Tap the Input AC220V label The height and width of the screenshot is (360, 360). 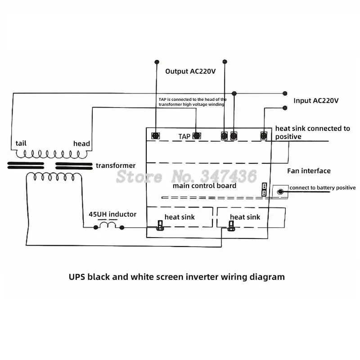(x=316, y=100)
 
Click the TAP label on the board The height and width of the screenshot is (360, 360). (x=184, y=136)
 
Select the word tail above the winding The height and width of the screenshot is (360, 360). (x=21, y=143)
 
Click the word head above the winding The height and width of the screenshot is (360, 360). (x=81, y=144)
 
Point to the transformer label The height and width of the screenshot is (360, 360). (x=116, y=166)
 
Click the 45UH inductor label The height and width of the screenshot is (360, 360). (x=112, y=214)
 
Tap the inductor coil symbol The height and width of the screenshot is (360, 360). (x=108, y=225)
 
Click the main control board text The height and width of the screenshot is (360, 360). (x=204, y=185)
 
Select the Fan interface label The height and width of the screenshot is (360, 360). (x=309, y=171)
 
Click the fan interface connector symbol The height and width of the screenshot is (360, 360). (x=264, y=189)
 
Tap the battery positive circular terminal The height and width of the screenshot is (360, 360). (x=281, y=192)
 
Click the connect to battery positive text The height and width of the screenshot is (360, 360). (x=322, y=188)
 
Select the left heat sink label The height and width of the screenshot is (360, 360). (x=180, y=217)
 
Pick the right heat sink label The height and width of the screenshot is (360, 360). (x=245, y=217)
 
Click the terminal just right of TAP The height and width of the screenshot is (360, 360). (x=197, y=135)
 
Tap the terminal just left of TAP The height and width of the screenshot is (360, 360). (x=156, y=135)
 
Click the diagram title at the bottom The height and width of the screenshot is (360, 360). (x=177, y=277)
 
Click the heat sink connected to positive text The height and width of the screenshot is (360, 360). (x=312, y=132)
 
